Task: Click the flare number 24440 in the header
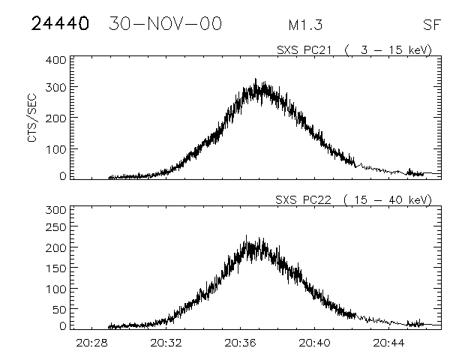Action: [x=60, y=24]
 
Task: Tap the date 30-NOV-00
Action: [x=165, y=24]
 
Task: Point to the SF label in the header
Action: [x=430, y=25]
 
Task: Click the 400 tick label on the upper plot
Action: [x=56, y=59]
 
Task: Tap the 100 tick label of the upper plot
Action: [x=56, y=148]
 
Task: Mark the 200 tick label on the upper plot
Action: [x=56, y=118]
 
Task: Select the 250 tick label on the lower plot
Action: [x=56, y=227]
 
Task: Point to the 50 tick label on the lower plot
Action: [x=59, y=308]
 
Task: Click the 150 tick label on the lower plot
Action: [x=56, y=268]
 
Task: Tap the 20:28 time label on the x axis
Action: [x=91, y=343]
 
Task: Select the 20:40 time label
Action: [x=314, y=343]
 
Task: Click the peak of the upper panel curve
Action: [x=256, y=79]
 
